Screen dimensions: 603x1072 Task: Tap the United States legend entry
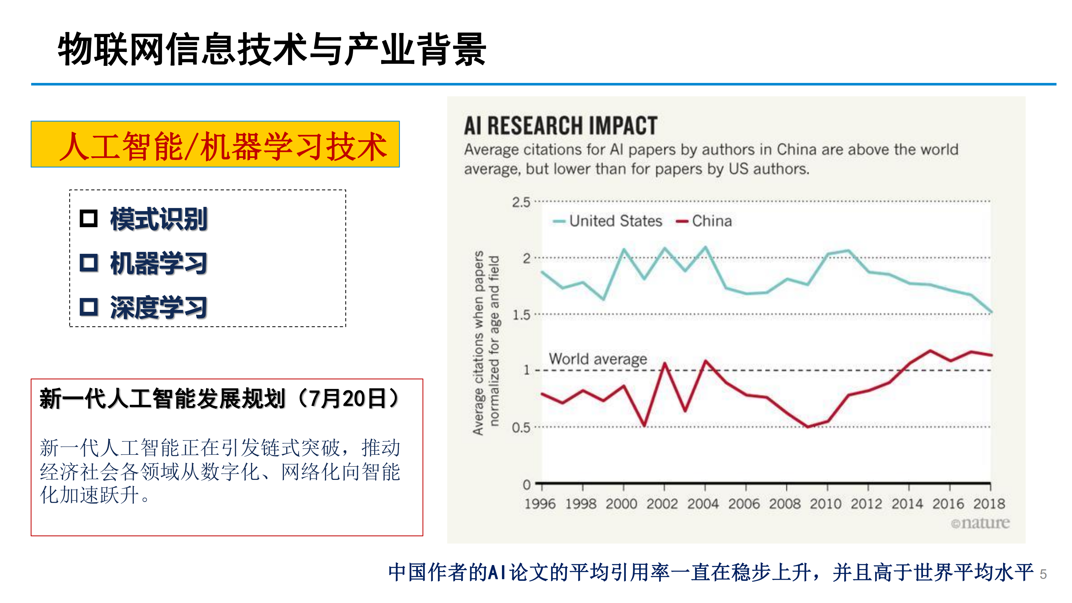(x=607, y=221)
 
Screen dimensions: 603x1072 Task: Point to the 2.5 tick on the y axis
(x=521, y=203)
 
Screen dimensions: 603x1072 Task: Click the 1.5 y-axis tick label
(x=521, y=315)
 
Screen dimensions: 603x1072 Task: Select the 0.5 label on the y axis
(x=521, y=428)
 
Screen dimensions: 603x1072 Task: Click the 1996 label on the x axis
(x=540, y=504)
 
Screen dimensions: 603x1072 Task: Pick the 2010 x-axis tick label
(x=826, y=504)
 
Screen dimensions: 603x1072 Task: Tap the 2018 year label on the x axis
(x=989, y=504)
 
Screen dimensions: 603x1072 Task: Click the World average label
(x=598, y=359)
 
